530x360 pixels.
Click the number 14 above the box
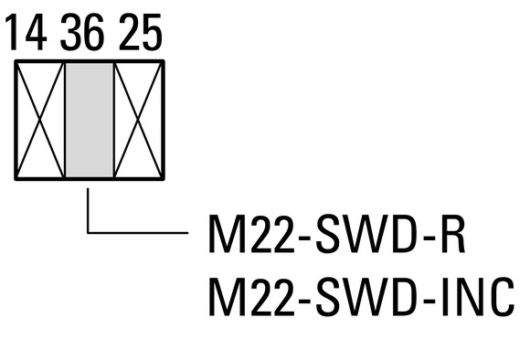click(x=26, y=33)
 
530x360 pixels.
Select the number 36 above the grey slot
click(x=82, y=33)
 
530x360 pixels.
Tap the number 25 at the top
click(x=141, y=33)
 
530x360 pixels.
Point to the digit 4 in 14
click(x=35, y=33)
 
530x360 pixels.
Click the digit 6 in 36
click(x=93, y=33)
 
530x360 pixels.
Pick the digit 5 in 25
click(x=152, y=33)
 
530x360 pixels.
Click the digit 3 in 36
click(x=70, y=33)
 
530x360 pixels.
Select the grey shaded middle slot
click(x=90, y=120)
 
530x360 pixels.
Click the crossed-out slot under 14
click(x=40, y=120)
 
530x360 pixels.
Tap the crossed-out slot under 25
click(x=138, y=120)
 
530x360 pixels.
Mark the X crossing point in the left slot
click(x=40, y=120)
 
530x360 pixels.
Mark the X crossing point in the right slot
click(x=138, y=120)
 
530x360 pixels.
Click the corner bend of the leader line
click(x=88, y=233)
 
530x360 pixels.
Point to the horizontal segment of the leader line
click(x=138, y=233)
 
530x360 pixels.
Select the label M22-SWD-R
click(x=337, y=234)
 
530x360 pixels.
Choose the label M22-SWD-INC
click(x=362, y=297)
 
